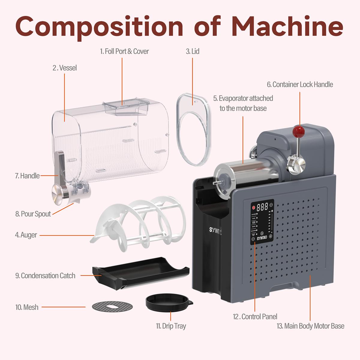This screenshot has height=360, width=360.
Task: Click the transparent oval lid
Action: [x=193, y=129]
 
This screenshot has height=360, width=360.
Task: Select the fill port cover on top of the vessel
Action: [x=126, y=106]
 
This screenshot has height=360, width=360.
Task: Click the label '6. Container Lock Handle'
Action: [x=300, y=85]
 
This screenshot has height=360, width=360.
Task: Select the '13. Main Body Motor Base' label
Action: [x=310, y=326]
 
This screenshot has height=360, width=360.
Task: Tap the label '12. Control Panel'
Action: [x=255, y=316]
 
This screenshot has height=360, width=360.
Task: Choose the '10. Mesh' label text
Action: [x=27, y=307]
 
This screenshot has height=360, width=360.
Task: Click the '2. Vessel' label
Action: [x=64, y=68]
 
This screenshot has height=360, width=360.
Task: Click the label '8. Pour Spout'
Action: [x=33, y=214]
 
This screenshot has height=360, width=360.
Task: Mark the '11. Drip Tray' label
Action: [x=171, y=326]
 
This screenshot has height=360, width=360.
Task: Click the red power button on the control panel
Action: [x=254, y=207]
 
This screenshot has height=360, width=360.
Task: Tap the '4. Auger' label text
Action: [x=26, y=235]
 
